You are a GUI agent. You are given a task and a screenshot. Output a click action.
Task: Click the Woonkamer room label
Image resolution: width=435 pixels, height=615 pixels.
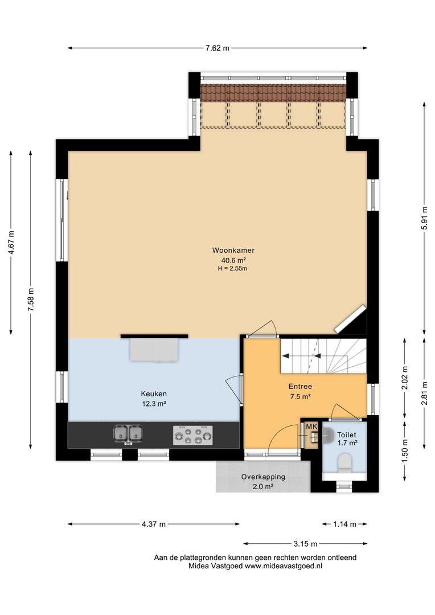(233, 250)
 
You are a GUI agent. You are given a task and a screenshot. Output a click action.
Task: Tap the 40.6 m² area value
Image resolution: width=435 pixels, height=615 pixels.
(233, 260)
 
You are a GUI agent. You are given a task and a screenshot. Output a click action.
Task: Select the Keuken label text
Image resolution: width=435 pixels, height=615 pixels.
(154, 394)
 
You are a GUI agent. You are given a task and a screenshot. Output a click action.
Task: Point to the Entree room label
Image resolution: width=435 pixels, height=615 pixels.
(300, 386)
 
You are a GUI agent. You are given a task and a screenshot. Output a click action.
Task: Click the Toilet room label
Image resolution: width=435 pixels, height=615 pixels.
(347, 434)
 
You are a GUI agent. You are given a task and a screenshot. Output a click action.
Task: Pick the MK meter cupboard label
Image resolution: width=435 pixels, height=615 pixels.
(311, 427)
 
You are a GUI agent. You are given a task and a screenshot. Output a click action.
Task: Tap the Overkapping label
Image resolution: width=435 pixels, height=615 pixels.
(263, 477)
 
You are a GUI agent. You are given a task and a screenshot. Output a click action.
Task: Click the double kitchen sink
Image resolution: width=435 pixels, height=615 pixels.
(128, 434)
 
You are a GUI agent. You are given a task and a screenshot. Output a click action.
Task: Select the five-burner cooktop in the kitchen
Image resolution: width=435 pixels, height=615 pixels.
(193, 436)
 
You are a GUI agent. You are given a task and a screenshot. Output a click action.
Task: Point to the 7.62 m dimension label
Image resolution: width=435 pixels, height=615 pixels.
(217, 48)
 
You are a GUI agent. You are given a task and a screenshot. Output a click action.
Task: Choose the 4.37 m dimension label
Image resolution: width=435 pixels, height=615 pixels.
(154, 524)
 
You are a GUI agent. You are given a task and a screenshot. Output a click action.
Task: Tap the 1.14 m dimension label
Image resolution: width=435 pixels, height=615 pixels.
(344, 524)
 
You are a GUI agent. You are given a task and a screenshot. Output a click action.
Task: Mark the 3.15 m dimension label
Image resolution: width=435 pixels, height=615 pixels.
(305, 544)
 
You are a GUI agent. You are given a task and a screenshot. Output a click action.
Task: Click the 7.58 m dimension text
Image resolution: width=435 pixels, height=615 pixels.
(31, 300)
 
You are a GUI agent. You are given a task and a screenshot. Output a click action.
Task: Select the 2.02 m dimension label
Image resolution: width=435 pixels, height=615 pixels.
(405, 378)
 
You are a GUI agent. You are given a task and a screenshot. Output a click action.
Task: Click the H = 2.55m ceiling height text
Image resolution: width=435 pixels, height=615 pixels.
(233, 269)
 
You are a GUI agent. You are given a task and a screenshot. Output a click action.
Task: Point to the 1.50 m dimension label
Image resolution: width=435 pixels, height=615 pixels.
(405, 450)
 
